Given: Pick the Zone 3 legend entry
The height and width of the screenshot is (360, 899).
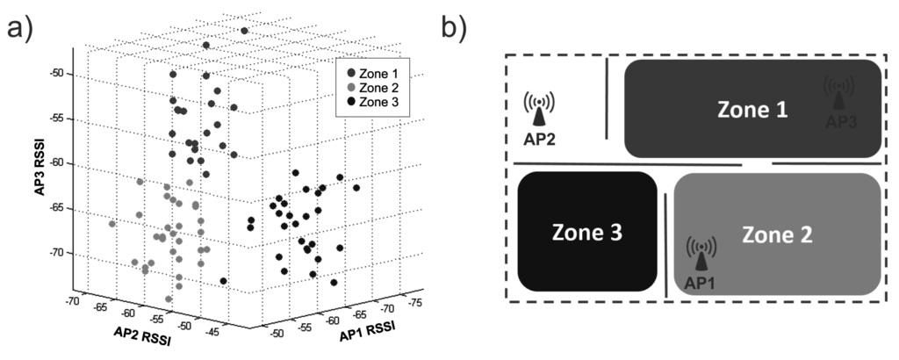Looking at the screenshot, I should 378,103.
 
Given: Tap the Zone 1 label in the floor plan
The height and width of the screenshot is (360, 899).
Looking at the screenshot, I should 752,110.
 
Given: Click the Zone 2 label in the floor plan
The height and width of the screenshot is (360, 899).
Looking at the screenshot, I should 777,234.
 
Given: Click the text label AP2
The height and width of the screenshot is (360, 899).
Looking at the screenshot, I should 538,139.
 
